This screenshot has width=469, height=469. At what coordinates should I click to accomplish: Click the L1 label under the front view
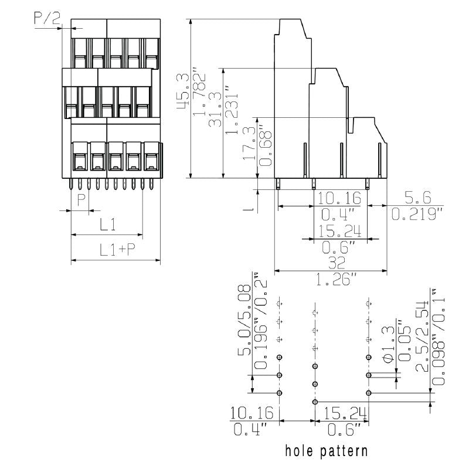107,224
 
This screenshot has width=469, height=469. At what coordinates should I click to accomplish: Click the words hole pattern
327,451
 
